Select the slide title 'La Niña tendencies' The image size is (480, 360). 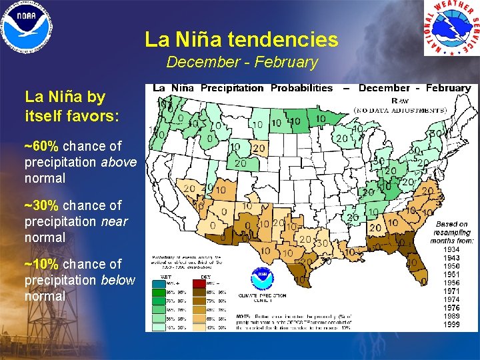(x=241, y=40)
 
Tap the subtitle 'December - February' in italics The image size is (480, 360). (x=241, y=62)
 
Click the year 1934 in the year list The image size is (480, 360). (x=452, y=250)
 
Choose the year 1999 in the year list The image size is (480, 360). (x=452, y=324)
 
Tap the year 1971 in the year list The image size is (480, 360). (x=452, y=291)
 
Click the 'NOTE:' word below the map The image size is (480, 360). (x=245, y=316)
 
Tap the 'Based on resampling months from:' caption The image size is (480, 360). (x=452, y=233)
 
